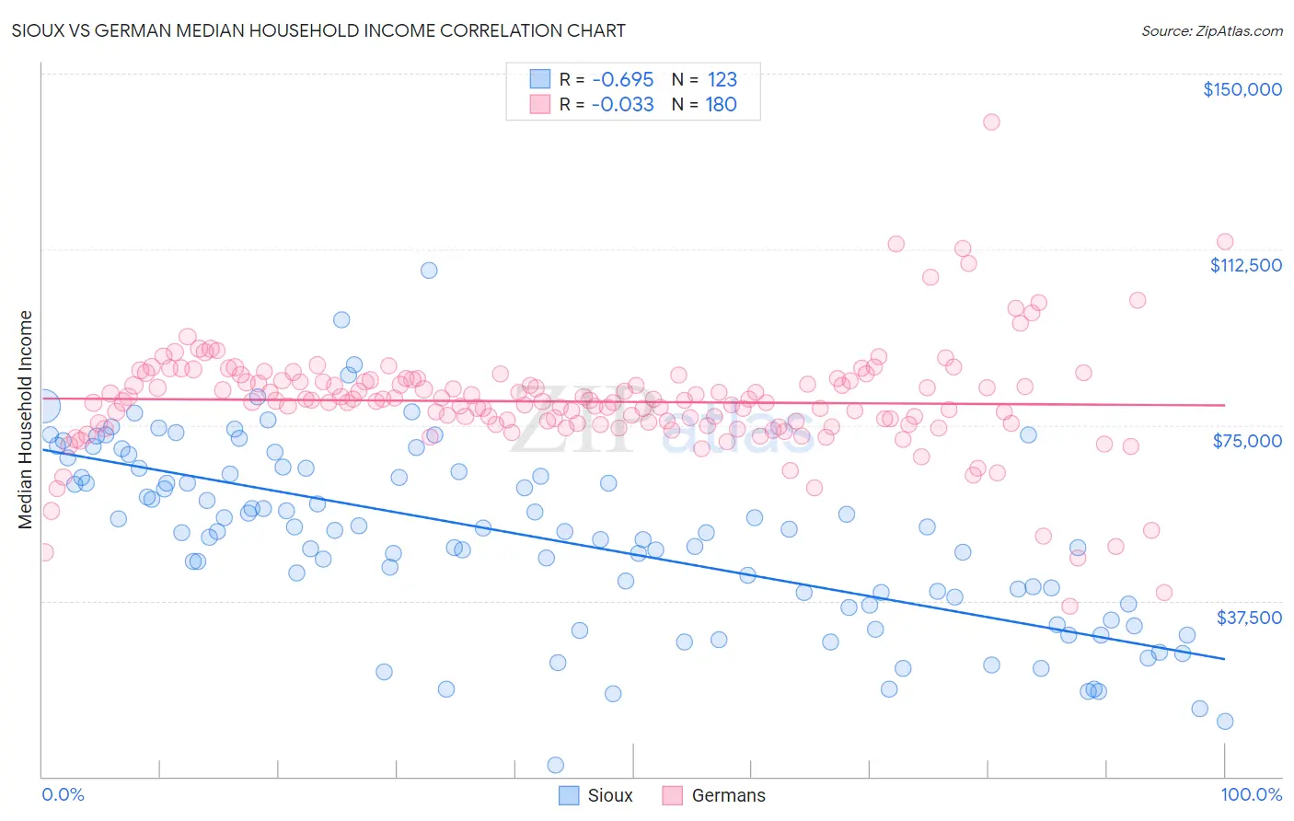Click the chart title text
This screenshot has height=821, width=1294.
[x=318, y=30]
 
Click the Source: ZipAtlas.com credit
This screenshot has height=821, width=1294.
[x=1211, y=30]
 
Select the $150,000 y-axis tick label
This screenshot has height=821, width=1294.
[x=1242, y=89]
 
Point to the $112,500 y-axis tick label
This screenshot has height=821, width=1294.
[x=1245, y=265]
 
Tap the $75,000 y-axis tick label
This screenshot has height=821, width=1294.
[x=1247, y=441]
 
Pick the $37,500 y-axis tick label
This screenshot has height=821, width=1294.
[x=1249, y=618]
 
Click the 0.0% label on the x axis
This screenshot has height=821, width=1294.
[x=63, y=794]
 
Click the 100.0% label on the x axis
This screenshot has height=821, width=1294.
[x=1251, y=794]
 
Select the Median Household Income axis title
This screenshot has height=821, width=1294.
[x=25, y=420]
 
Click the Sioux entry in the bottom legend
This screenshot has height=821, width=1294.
[x=609, y=795]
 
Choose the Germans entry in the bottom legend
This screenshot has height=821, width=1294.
[x=727, y=795]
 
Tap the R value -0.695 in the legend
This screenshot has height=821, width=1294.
[x=623, y=79]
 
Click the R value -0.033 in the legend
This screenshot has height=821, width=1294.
[x=623, y=104]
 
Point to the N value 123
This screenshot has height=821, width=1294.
[x=722, y=79]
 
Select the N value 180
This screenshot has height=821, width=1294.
[x=722, y=104]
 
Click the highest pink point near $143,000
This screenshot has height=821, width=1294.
[x=991, y=121]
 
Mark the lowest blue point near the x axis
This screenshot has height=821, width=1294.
[x=555, y=765]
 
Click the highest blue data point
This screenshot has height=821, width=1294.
[x=429, y=270]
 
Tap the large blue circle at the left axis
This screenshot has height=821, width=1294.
[x=42, y=405]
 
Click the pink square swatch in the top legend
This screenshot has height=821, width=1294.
[x=539, y=104]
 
